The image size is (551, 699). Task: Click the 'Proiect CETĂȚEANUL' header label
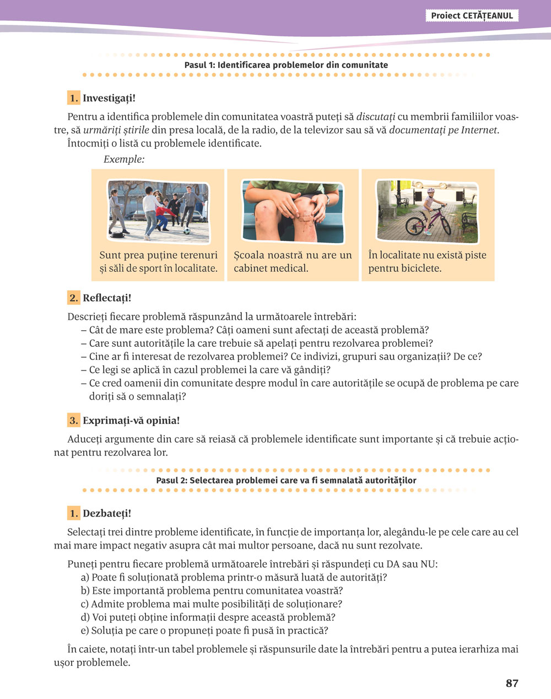coord(472,15)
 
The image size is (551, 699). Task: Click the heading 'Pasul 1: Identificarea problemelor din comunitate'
coord(286,65)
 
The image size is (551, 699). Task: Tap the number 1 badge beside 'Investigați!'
coord(74,98)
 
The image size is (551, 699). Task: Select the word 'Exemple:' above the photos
coord(124,159)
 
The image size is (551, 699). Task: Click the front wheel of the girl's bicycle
coord(414,225)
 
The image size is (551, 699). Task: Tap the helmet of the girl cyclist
coord(430,190)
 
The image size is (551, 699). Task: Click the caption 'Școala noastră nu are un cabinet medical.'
coord(293,262)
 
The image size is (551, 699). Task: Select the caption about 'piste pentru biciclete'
coord(427,262)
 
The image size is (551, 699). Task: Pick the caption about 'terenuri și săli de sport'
coord(158,262)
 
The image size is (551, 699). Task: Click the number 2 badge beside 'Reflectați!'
coord(74,298)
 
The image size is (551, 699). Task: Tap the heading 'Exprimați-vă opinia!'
coord(131,421)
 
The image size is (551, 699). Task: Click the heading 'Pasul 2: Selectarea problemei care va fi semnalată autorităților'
coord(286,480)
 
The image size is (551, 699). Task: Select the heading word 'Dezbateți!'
coord(107,513)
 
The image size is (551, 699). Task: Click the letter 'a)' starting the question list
coord(85,578)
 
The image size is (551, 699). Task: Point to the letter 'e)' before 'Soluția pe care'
coord(85,631)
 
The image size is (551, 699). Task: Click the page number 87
coord(512,684)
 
